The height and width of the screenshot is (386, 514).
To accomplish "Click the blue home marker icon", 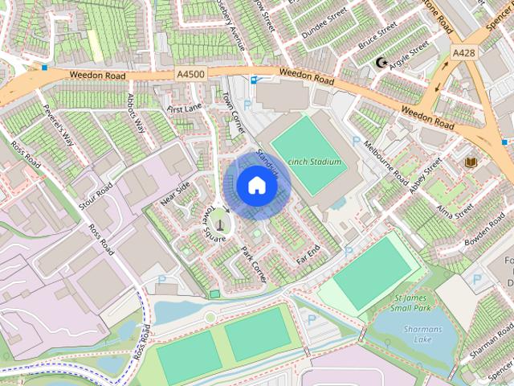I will [x=255, y=185].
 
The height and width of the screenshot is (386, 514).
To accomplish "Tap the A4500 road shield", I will [x=190, y=74].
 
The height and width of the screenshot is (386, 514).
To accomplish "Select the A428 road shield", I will [x=463, y=52].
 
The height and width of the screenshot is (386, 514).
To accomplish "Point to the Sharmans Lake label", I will [x=422, y=335].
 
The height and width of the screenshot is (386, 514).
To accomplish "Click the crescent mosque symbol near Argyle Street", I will [x=381, y=62].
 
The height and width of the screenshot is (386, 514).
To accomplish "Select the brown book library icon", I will [x=471, y=163].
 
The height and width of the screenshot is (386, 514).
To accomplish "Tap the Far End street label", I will [x=308, y=256].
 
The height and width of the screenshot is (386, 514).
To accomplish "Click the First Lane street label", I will [x=184, y=108].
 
